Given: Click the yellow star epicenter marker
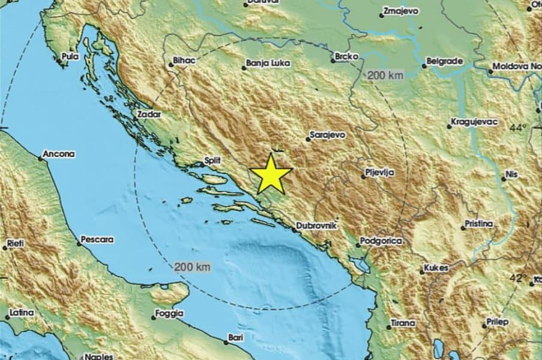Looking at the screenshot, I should pyautogui.click(x=270, y=173).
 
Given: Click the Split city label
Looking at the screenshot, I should pyautogui.click(x=213, y=161).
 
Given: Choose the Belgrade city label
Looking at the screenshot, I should pyautogui.click(x=444, y=61).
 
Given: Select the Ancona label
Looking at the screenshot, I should pyautogui.click(x=59, y=154).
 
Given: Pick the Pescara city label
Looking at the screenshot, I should pyautogui.click(x=98, y=239).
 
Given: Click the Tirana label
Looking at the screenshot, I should pyautogui.click(x=402, y=323).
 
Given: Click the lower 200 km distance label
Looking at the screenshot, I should pyautogui.click(x=192, y=267).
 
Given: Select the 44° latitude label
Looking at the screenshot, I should pyautogui.click(x=518, y=128).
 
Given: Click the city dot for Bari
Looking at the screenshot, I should pyautogui.click(x=226, y=342).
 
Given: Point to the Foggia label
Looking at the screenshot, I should pyautogui.click(x=169, y=313).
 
